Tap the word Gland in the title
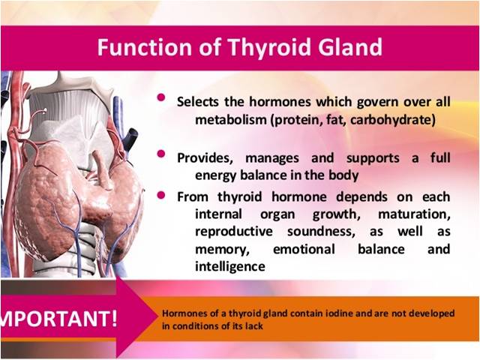(x=350, y=47)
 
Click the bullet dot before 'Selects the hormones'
(x=161, y=97)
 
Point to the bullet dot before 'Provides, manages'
(x=161, y=153)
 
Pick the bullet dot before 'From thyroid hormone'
(x=161, y=195)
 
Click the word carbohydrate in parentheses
(x=391, y=120)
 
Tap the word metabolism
(x=231, y=119)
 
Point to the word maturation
(x=414, y=214)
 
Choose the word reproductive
(x=234, y=232)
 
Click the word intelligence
(x=230, y=266)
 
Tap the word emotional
(x=304, y=249)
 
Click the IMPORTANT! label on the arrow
(x=58, y=318)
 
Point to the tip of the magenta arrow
(x=157, y=318)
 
